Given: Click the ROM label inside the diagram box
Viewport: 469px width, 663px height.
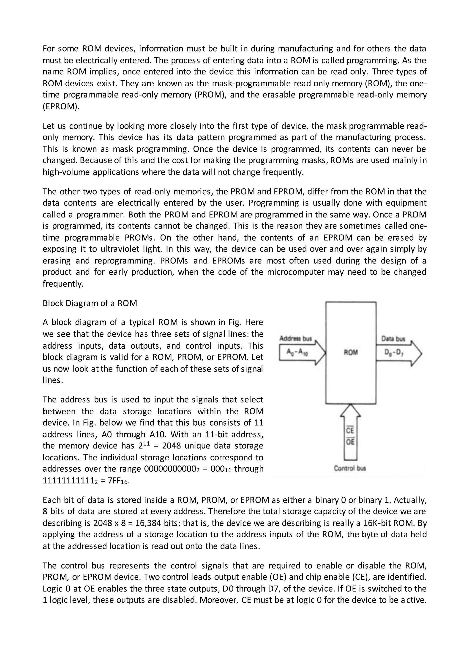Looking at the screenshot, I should point(351,352).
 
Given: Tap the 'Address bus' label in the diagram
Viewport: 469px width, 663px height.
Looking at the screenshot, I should point(296,338).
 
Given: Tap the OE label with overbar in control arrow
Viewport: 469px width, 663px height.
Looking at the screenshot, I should point(350,442).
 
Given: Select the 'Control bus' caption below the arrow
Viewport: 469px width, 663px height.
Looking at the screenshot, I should point(350,468).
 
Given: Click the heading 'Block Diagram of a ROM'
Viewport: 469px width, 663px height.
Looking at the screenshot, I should point(90,303).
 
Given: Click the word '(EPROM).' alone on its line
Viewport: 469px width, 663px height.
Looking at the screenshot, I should point(61,106).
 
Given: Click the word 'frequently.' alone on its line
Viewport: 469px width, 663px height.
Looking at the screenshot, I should point(63,284).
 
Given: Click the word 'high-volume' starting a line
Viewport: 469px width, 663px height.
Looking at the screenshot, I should point(66,172).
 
